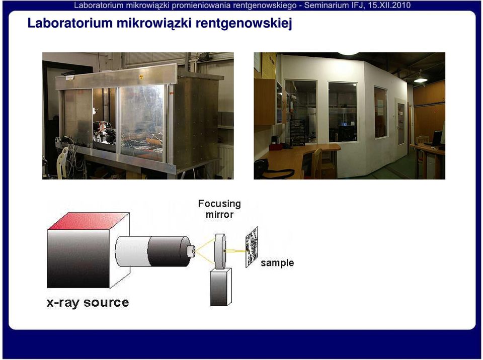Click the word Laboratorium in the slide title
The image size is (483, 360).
click(x=70, y=23)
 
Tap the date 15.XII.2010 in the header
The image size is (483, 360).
click(x=389, y=5)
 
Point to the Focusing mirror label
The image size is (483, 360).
click(x=219, y=209)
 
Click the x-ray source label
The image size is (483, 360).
click(x=88, y=302)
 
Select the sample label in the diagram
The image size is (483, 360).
click(x=277, y=263)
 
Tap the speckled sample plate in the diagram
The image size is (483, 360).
click(x=252, y=247)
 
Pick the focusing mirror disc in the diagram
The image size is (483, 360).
click(x=220, y=251)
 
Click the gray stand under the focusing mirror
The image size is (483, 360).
click(x=220, y=287)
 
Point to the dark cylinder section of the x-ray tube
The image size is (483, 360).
click(x=169, y=251)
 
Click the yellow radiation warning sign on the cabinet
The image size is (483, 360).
click(x=141, y=77)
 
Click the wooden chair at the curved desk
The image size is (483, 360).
click(x=316, y=163)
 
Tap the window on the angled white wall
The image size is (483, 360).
click(x=381, y=112)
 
